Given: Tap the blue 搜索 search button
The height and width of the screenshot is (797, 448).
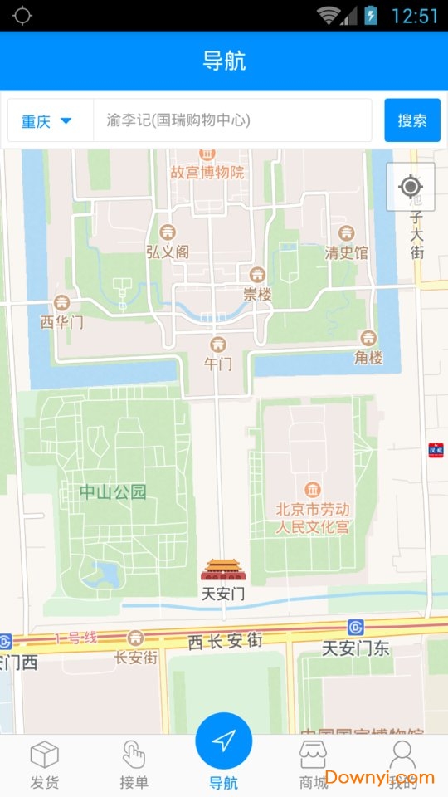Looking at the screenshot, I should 412,120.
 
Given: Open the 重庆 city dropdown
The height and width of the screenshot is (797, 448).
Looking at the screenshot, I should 46,121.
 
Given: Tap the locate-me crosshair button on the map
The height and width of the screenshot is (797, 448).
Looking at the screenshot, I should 411,187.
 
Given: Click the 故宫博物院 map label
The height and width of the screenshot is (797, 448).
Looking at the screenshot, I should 207,172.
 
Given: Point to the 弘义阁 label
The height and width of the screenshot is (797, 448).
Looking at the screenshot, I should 168,252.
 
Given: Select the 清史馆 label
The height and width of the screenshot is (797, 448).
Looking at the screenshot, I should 347,252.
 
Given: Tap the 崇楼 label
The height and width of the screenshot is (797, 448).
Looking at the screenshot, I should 257,293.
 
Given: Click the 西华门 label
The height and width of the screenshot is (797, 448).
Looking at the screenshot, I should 62,321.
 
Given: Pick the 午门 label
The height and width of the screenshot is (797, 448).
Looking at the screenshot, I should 218,363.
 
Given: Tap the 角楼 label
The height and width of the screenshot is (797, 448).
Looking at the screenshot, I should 368,357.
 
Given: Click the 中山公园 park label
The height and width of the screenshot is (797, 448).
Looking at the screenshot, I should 113,491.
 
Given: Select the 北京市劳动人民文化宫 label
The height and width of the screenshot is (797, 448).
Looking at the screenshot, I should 313,518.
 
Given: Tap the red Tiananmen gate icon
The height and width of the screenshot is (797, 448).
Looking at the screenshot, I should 223,570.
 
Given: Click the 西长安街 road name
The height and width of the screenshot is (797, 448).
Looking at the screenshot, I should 225,641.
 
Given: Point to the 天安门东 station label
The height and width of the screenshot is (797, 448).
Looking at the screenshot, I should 356,648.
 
